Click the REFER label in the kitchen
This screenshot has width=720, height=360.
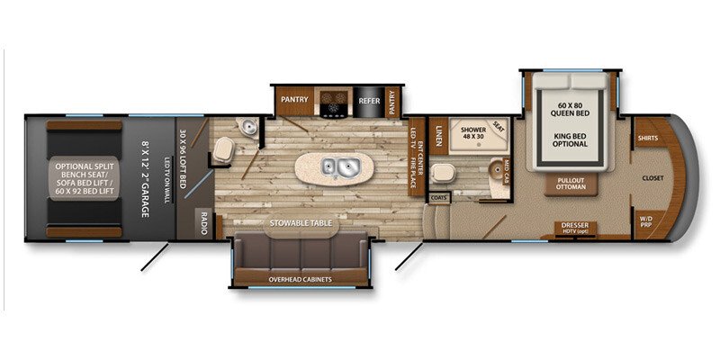[369, 101]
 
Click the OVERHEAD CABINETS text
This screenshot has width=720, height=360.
[301, 279]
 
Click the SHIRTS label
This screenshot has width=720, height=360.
[646, 139]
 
